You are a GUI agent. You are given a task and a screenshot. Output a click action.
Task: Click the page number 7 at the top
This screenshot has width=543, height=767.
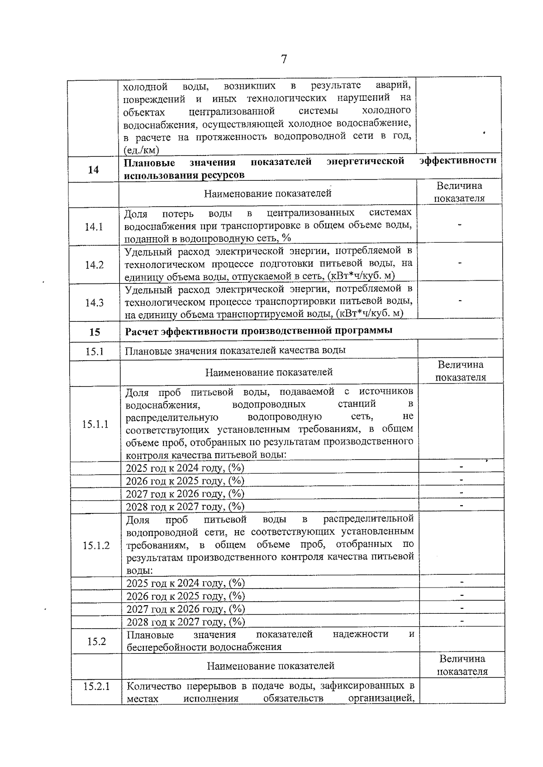[x=284, y=59]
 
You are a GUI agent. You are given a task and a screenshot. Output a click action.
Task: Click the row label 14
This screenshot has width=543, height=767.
[x=93, y=170]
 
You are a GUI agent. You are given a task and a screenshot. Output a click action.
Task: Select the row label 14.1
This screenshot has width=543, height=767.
[x=94, y=226]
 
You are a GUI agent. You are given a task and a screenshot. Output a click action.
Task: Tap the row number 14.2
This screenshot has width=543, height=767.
[x=94, y=265]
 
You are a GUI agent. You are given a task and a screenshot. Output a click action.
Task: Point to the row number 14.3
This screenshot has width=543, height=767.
[x=94, y=303]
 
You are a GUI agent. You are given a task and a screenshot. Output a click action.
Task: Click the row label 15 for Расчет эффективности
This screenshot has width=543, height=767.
[x=95, y=332]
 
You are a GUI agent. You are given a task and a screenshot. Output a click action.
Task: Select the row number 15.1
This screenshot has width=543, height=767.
[x=95, y=351]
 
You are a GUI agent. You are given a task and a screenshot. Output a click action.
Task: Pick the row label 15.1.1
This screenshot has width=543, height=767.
[x=95, y=424]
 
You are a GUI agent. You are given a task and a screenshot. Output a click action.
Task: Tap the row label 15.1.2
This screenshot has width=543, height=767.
[x=96, y=546]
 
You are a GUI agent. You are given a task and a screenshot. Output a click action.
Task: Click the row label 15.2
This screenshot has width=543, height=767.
[x=96, y=641]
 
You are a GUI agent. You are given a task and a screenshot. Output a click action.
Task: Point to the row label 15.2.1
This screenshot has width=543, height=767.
[x=96, y=687]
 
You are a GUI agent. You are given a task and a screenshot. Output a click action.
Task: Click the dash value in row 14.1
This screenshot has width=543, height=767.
[x=459, y=225]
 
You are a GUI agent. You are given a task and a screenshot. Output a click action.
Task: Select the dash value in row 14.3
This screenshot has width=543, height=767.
[x=460, y=301]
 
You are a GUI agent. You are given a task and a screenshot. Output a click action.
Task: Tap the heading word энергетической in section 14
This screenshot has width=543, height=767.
[x=365, y=161]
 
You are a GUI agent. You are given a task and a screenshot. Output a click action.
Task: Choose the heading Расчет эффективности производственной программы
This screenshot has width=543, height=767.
[x=258, y=330]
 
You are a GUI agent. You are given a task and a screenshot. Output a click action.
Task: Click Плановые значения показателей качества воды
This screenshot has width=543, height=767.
[x=235, y=350]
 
